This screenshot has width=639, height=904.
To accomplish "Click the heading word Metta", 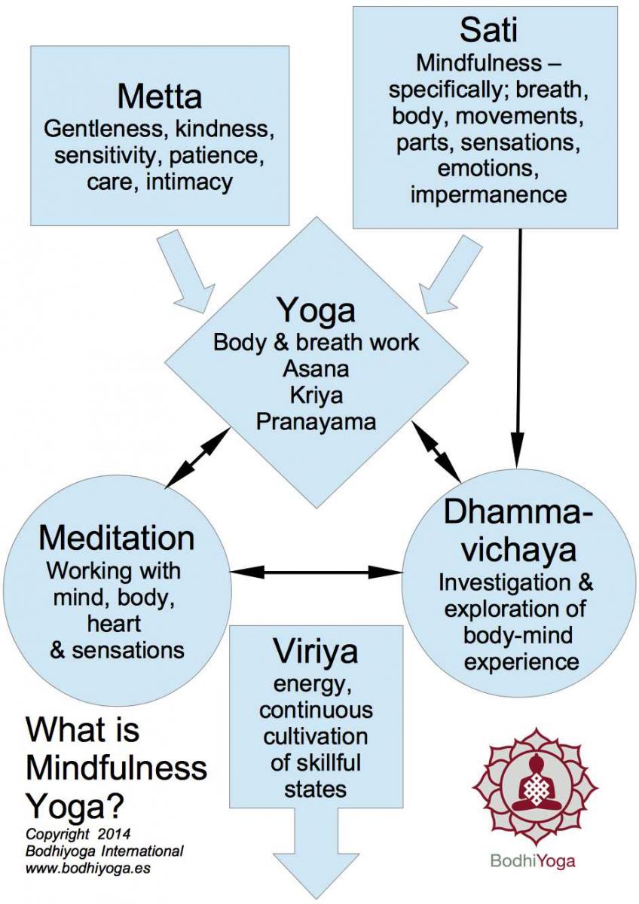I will click(159, 96).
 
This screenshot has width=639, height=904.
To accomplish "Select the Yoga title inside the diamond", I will click(316, 310).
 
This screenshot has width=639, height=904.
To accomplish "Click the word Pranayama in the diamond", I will click(316, 420).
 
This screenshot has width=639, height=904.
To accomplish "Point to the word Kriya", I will click(316, 394).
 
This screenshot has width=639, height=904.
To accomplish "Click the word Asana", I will click(316, 368).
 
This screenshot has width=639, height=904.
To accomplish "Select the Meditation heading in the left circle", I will click(116, 538).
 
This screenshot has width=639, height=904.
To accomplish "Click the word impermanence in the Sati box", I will click(489, 194).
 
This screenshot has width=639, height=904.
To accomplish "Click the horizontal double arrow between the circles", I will click(316, 573).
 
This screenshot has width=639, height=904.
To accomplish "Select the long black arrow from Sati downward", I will click(520, 339).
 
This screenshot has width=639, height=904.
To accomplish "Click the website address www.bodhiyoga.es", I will click(83, 868).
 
